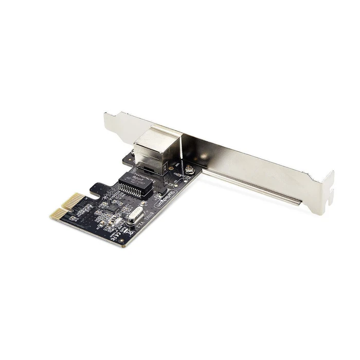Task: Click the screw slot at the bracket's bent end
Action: click(328, 188)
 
